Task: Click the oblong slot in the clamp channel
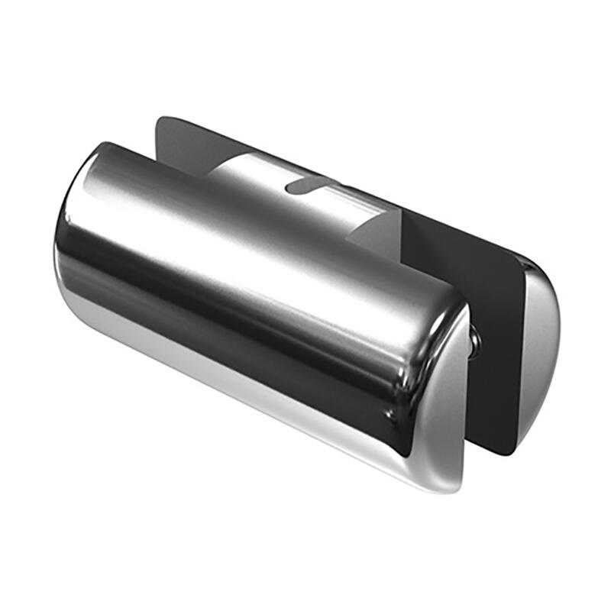point(310,184)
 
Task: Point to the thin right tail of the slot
point(336,181)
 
